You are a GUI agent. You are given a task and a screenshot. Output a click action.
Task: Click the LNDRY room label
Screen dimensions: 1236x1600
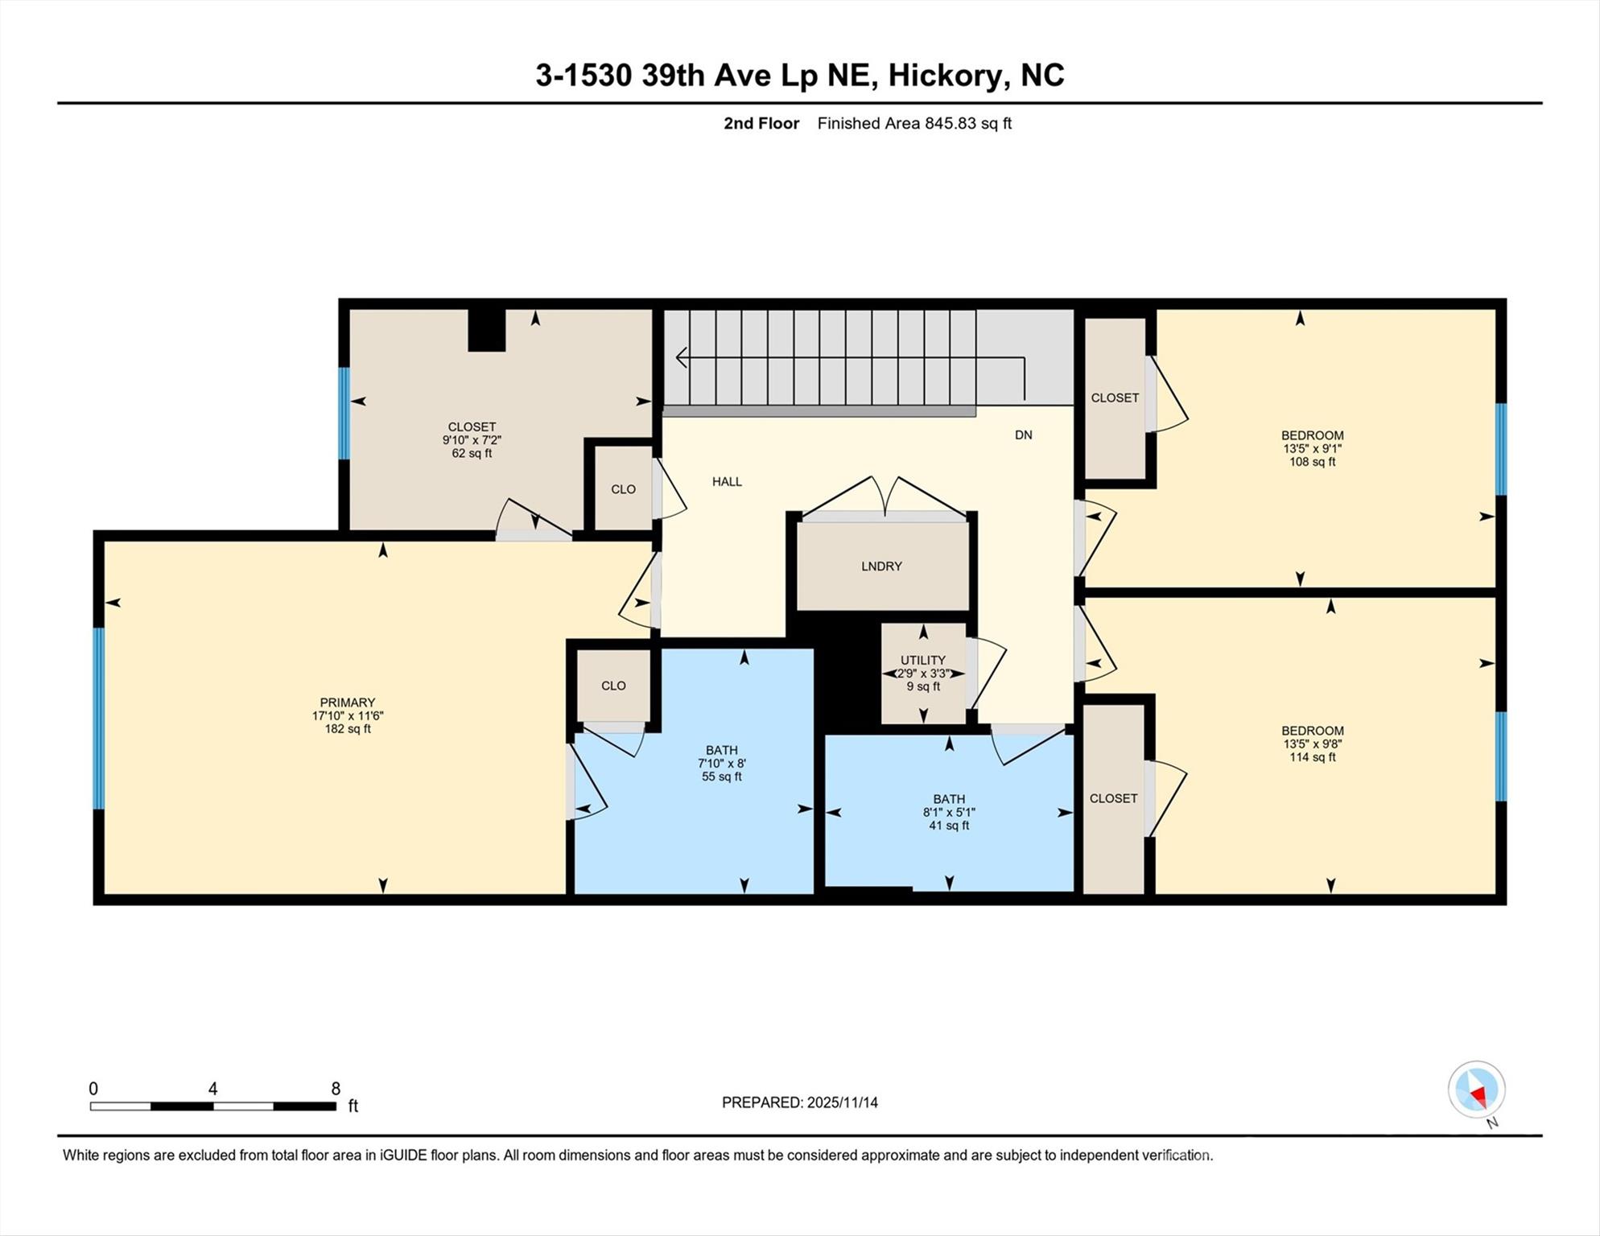(x=881, y=566)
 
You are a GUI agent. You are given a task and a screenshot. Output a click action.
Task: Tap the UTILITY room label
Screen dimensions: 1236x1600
(x=922, y=660)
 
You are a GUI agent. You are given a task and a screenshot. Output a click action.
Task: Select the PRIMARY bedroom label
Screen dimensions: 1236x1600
(x=347, y=702)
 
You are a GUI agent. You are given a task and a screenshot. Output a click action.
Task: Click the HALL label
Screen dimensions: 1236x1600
(x=727, y=481)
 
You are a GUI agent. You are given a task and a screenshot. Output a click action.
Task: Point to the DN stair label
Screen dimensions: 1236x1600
(x=1023, y=435)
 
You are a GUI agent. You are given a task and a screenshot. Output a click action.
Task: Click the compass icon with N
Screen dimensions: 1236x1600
(x=1476, y=1090)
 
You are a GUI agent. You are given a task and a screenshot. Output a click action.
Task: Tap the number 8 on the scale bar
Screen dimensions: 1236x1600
(x=336, y=1089)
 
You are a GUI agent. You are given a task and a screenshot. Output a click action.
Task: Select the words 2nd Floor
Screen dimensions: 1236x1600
(x=761, y=123)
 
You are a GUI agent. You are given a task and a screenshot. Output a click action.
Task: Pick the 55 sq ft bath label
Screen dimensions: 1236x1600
(x=721, y=777)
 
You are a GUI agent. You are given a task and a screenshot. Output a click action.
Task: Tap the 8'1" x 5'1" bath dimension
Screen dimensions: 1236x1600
(x=949, y=812)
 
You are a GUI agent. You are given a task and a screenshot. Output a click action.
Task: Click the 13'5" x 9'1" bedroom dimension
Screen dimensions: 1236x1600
(x=1312, y=448)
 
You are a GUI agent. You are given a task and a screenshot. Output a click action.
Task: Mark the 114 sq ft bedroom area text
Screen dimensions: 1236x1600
(x=1312, y=757)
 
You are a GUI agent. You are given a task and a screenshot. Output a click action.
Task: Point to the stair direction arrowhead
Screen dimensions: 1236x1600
(x=681, y=357)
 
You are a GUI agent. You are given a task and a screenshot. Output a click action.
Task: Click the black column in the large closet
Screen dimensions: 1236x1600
(x=487, y=330)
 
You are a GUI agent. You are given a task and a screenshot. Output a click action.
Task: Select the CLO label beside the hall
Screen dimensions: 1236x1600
(x=623, y=489)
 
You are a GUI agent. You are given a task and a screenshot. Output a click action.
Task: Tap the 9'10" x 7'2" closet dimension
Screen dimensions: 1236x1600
(x=472, y=440)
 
